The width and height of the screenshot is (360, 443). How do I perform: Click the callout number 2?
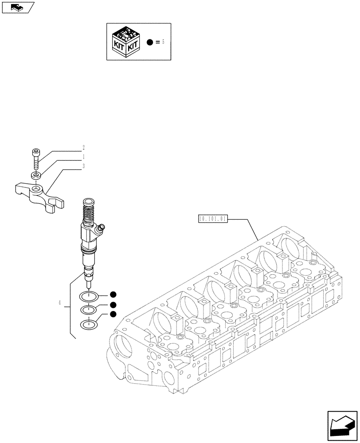(x=83, y=148)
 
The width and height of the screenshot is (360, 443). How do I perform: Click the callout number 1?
(x=83, y=157)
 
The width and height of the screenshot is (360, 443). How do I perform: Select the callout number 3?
(x=83, y=166)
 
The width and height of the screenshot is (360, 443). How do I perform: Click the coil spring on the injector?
(x=89, y=211)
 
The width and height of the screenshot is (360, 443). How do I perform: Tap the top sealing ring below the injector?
(x=89, y=297)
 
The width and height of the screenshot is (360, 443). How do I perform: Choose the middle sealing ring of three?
(x=89, y=311)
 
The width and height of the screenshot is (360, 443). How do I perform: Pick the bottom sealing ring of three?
(x=89, y=325)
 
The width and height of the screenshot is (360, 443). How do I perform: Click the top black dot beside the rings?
(x=113, y=294)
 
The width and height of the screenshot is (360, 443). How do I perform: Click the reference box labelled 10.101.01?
(x=213, y=219)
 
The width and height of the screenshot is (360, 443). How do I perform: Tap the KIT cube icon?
(x=127, y=42)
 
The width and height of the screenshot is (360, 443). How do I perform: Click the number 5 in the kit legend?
(x=163, y=42)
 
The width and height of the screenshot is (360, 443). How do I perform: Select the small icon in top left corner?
(x=17, y=7)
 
